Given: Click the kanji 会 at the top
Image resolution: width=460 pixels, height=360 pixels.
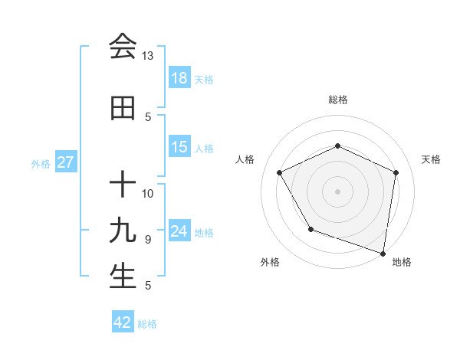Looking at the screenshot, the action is (x=123, y=47).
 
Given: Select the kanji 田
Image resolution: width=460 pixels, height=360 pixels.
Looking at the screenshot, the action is (x=123, y=109).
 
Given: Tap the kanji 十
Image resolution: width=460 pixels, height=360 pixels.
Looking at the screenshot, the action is (x=123, y=185).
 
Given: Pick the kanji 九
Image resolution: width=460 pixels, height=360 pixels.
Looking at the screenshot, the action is (x=123, y=231).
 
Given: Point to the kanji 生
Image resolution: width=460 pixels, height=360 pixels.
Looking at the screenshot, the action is (x=123, y=277).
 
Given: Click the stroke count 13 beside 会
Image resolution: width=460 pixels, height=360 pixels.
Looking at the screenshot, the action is (x=147, y=56).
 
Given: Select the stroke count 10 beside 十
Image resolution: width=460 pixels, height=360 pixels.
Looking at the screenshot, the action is (x=148, y=193).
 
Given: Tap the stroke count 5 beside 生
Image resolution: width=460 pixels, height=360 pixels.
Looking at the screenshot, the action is (x=147, y=286).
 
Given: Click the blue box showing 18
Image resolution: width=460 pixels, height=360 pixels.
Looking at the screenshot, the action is (x=179, y=78).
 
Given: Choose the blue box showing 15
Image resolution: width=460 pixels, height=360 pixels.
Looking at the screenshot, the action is (x=179, y=147).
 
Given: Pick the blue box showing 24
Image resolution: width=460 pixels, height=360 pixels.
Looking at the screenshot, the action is (x=179, y=231).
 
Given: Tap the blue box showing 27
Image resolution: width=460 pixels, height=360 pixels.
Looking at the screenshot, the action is (x=65, y=162).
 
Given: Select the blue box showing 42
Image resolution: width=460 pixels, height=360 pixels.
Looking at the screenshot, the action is (x=123, y=322).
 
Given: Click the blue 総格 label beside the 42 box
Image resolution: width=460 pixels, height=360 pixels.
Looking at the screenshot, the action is (x=147, y=324).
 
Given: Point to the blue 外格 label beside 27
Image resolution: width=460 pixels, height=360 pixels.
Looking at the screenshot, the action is (x=41, y=163).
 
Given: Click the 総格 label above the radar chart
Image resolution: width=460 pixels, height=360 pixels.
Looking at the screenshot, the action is (x=337, y=100).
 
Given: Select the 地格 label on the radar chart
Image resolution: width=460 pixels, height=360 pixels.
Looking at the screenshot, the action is (x=402, y=262).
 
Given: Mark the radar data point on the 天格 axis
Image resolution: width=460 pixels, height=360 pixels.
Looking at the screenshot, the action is (x=396, y=172).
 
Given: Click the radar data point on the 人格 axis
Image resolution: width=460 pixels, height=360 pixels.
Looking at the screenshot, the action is (x=280, y=172).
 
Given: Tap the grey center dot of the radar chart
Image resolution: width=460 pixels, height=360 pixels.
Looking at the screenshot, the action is (x=337, y=191).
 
